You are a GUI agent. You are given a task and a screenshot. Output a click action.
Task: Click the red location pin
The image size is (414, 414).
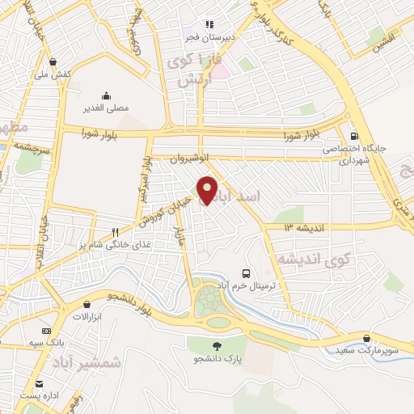[208, 188]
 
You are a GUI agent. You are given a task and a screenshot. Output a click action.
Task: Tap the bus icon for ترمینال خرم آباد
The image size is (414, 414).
[247, 273]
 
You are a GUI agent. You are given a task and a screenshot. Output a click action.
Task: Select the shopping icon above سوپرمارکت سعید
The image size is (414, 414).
[368, 337]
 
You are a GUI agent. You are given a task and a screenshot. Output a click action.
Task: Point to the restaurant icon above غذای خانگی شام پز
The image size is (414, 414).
[116, 230]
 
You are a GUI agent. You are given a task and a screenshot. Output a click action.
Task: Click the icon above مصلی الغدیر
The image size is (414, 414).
[106, 94]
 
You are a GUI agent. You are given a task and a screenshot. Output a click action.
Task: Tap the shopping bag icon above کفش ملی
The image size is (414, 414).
[53, 61]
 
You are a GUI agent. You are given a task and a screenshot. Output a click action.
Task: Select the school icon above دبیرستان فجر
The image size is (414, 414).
[209, 25]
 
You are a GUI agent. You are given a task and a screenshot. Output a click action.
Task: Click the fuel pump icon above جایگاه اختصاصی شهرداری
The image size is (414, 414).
[354, 136]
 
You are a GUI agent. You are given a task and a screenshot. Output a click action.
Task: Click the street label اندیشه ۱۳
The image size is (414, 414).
[303, 228]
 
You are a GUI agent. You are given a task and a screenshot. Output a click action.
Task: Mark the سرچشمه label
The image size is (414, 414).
[32, 149]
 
